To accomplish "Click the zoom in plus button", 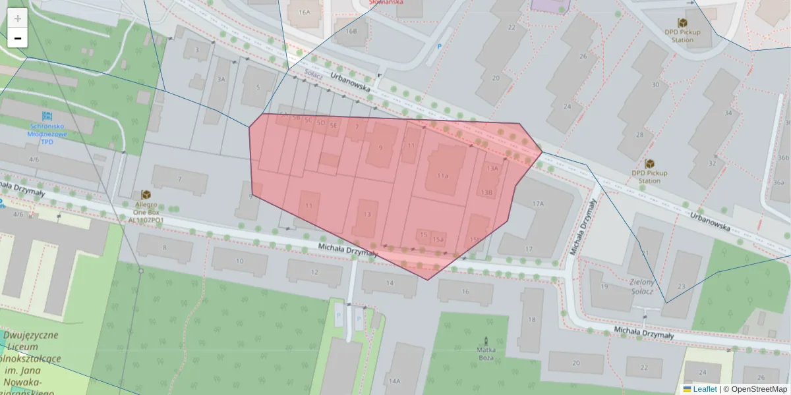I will (x=18, y=18).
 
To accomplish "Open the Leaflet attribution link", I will (x=704, y=389).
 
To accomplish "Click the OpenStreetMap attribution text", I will (x=759, y=389).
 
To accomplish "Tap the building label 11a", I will (x=442, y=176).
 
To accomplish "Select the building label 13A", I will (x=492, y=169).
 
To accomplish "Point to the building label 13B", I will (x=486, y=193).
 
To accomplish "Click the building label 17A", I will (x=538, y=204).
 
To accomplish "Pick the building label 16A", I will (x=304, y=13).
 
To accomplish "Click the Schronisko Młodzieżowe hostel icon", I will (x=47, y=116).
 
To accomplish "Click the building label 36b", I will (x=783, y=158).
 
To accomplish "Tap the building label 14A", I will (x=394, y=381).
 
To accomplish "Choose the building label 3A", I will (x=221, y=79).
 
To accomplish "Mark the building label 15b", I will (x=474, y=240).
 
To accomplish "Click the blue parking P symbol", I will (x=440, y=46).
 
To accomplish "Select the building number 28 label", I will (x=639, y=136).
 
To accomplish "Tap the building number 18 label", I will (x=531, y=320).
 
